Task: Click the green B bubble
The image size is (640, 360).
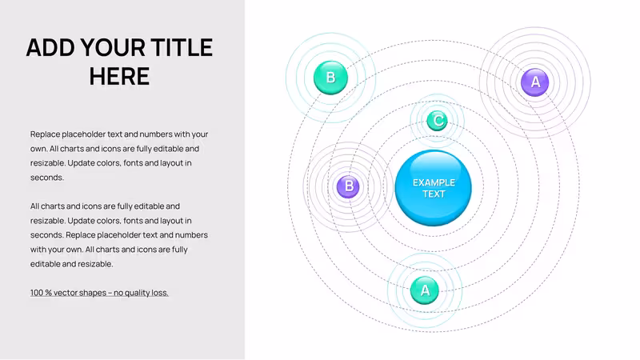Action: coord(330,78)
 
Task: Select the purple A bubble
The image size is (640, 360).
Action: coord(535,82)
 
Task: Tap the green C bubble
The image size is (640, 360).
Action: coord(437,121)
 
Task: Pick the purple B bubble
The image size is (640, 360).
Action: coord(348,186)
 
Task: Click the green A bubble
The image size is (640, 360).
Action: coord(425,290)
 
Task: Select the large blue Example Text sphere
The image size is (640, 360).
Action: coord(433,188)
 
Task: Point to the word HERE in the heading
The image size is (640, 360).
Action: coord(119,76)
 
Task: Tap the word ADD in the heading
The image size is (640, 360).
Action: coord(50,47)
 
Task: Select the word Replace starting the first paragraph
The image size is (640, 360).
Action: coord(45,134)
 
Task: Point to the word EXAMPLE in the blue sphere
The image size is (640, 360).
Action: coord(434,182)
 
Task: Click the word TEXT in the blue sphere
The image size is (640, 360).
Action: coord(434,194)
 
